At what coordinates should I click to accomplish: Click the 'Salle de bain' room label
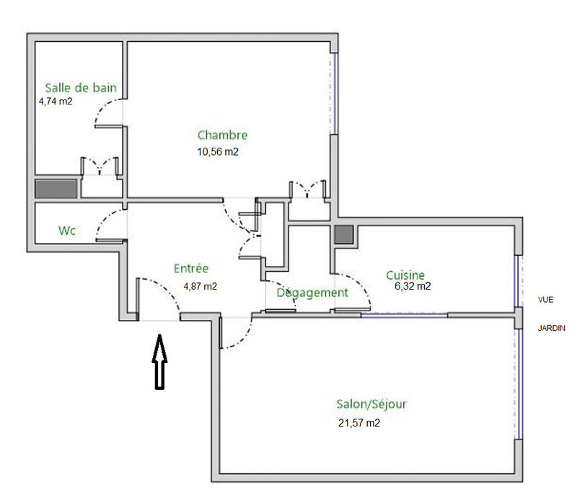pos(81,88)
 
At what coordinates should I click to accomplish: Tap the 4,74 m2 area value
pos(56,102)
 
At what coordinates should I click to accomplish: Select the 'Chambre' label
pos(222,135)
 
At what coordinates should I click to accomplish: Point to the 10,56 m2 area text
pos(218,152)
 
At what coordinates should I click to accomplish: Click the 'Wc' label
pos(67,231)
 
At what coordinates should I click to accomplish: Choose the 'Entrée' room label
pos(191,269)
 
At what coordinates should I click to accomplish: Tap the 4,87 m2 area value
pos(200,286)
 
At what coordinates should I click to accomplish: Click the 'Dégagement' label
pos(312,293)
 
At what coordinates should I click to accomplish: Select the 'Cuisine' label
pos(405,275)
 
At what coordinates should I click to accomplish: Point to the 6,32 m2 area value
pos(413,286)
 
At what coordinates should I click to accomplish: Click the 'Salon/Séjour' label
pos(371,404)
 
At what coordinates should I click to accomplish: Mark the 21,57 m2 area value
pos(358,424)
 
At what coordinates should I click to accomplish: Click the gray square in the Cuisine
pos(344,235)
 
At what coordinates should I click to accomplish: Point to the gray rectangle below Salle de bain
pos(56,189)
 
